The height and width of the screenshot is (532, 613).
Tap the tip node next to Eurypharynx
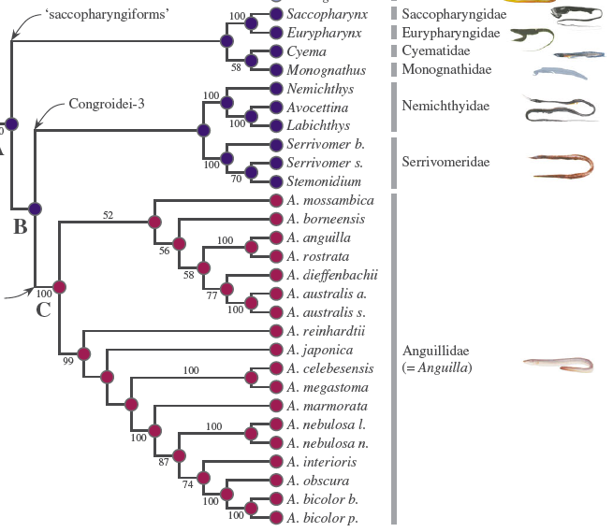pos(275,34)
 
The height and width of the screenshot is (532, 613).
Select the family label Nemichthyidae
pos(445,106)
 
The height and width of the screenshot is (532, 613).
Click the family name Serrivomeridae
pos(445,162)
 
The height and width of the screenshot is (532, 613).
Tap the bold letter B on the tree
pos(20,226)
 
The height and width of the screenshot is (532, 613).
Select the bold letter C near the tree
pos(43,309)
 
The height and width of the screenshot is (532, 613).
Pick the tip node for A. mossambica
pos(275,200)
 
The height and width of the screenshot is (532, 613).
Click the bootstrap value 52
pos(108,215)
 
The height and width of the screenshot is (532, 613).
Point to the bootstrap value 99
pos(67,362)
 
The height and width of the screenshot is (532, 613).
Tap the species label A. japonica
pos(319,350)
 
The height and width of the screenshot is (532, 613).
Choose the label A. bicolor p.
pos(322,518)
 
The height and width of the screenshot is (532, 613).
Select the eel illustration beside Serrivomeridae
pos(562,165)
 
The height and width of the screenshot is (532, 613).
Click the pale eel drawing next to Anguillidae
pos(558,364)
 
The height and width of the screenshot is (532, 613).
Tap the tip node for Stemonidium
pos(275,181)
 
